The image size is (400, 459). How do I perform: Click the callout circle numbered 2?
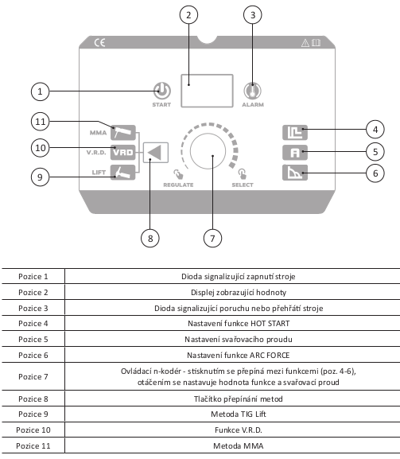pyautogui.click(x=188, y=15)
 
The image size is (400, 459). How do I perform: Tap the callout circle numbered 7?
pyautogui.click(x=212, y=239)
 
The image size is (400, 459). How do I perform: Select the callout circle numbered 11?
pyautogui.click(x=40, y=121)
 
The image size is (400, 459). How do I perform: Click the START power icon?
pyautogui.click(x=162, y=91)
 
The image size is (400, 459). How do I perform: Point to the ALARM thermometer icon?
pyautogui.click(x=253, y=91)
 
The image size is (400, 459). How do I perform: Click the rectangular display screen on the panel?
pyautogui.click(x=207, y=91)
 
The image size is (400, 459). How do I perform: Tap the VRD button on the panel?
pyautogui.click(x=123, y=152)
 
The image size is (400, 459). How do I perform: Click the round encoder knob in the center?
pyautogui.click(x=208, y=151)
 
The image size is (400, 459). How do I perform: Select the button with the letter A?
pyautogui.click(x=295, y=152)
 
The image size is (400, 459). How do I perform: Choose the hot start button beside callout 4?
pyautogui.click(x=295, y=132)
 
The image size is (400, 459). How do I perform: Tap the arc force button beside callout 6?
pyautogui.click(x=295, y=173)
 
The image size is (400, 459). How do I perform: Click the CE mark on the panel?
pyautogui.click(x=99, y=43)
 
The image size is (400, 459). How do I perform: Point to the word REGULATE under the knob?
pyautogui.click(x=178, y=185)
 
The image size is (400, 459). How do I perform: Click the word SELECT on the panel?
pyautogui.click(x=243, y=185)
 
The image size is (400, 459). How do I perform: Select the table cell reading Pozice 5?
pyautogui.click(x=33, y=339)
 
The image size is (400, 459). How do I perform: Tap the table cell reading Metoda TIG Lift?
pyautogui.click(x=239, y=414)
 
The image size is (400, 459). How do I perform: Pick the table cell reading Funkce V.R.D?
pyautogui.click(x=239, y=430)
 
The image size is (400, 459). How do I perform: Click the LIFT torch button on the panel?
pyautogui.click(x=123, y=173)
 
